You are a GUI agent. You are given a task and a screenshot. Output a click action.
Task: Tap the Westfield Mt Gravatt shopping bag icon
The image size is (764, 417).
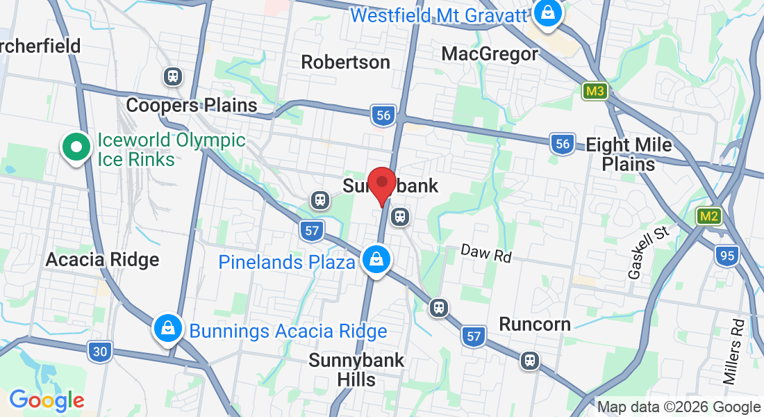pyautogui.click(x=548, y=14)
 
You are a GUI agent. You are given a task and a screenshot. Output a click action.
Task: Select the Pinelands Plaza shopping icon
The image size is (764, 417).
pyautogui.click(x=376, y=261)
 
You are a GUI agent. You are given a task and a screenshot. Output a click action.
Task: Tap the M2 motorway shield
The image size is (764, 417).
pyautogui.click(x=708, y=216)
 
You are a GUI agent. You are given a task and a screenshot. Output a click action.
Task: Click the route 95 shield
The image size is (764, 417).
pyautogui.click(x=727, y=256)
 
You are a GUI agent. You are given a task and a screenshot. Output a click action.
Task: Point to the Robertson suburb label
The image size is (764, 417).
pyautogui.click(x=345, y=62)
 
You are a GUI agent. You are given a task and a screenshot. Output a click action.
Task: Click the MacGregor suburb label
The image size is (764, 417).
pyautogui.click(x=490, y=54)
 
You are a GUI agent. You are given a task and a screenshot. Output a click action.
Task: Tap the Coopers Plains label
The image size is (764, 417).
pyautogui.click(x=192, y=105)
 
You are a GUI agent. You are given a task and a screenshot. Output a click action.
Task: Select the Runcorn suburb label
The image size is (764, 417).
pyautogui.click(x=535, y=324)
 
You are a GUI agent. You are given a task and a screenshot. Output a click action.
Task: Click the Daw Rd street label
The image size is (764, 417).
pyautogui.click(x=486, y=254)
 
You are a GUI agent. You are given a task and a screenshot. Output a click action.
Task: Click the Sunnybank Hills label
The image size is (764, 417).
pyautogui.click(x=356, y=370)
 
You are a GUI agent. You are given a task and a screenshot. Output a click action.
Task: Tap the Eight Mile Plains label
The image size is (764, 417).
pyautogui.click(x=629, y=154)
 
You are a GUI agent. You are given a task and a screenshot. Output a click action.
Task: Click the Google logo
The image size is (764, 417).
pyautogui.click(x=47, y=400)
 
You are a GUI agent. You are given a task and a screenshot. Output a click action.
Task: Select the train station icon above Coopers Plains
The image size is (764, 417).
pyautogui.click(x=172, y=76)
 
